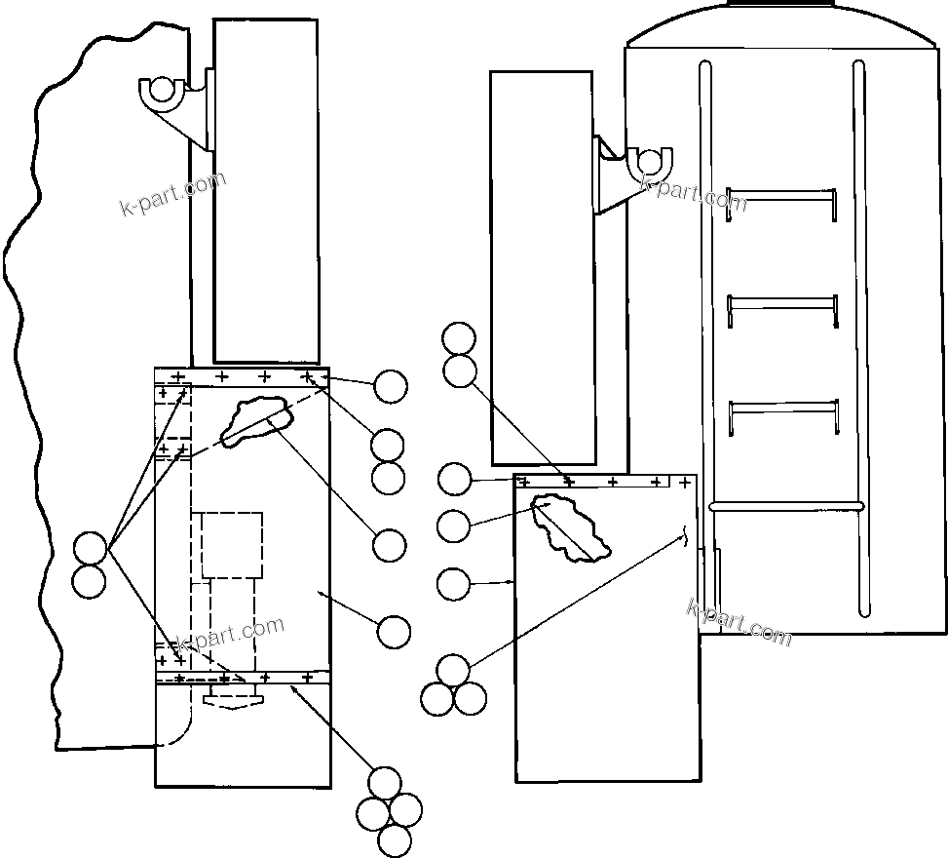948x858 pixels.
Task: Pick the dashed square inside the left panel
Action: tap(232, 545)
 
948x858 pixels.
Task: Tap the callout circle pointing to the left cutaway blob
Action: tap(390, 545)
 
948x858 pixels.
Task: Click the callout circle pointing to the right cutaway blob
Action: tap(454, 526)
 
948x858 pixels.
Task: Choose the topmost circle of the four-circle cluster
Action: tap(385, 784)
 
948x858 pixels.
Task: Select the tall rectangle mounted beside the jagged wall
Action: tap(266, 190)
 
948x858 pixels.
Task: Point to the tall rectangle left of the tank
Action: tap(542, 267)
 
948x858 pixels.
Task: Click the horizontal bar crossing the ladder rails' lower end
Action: tap(786, 506)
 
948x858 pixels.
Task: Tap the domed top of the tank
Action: tap(783, 25)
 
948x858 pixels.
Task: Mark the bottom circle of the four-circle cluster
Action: tap(394, 839)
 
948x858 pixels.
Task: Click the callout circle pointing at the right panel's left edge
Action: tap(454, 584)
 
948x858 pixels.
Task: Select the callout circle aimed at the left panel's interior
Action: tap(394, 632)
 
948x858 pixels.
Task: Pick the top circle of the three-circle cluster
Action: tap(453, 671)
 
